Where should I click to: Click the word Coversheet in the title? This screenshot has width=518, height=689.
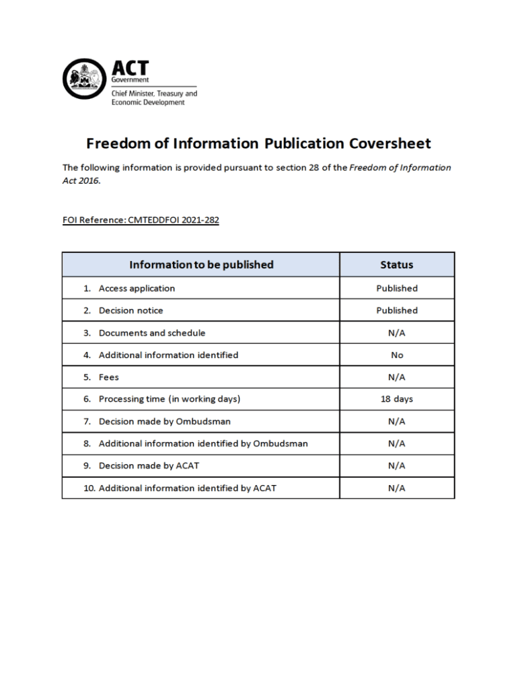tap(390, 143)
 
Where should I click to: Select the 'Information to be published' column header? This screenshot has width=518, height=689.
tap(201, 264)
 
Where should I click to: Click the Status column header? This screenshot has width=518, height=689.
tap(396, 264)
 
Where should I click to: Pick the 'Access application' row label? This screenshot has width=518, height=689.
tap(137, 289)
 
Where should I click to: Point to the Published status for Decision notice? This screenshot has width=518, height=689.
tap(396, 311)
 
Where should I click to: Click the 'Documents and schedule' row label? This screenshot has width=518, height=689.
tap(152, 333)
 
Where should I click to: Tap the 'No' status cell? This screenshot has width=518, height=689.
tap(396, 355)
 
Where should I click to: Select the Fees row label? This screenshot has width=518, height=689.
tap(109, 377)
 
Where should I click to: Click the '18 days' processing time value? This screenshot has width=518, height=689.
tap(396, 400)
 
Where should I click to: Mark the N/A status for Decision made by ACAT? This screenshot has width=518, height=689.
tap(396, 466)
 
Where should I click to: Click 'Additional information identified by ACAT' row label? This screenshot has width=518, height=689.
tap(187, 488)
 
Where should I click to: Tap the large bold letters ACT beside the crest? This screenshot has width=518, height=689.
tap(130, 68)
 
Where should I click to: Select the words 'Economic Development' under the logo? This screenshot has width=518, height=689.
tap(147, 103)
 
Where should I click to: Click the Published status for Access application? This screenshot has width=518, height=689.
tap(396, 289)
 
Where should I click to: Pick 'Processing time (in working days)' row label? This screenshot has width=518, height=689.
tap(170, 400)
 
